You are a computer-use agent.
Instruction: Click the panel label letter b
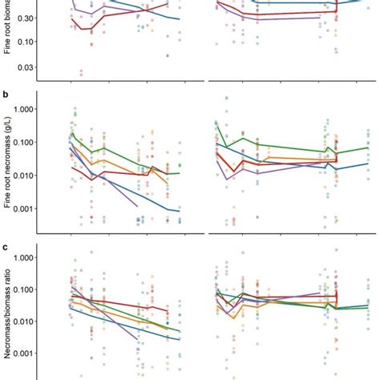tap(6, 95)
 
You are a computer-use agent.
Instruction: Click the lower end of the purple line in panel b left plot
tap(137, 206)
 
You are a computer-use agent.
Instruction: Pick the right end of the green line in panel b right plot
tap(368, 148)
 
